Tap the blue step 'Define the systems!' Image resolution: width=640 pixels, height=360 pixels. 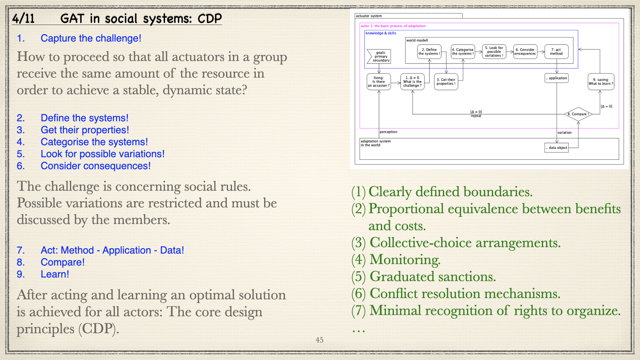tap(84, 118)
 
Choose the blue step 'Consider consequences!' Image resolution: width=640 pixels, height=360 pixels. tap(96, 166)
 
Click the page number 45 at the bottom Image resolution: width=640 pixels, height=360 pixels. tap(320, 340)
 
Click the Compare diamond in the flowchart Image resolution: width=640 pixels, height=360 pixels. tap(577, 114)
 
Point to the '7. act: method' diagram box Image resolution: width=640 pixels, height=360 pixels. tap(558, 51)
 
